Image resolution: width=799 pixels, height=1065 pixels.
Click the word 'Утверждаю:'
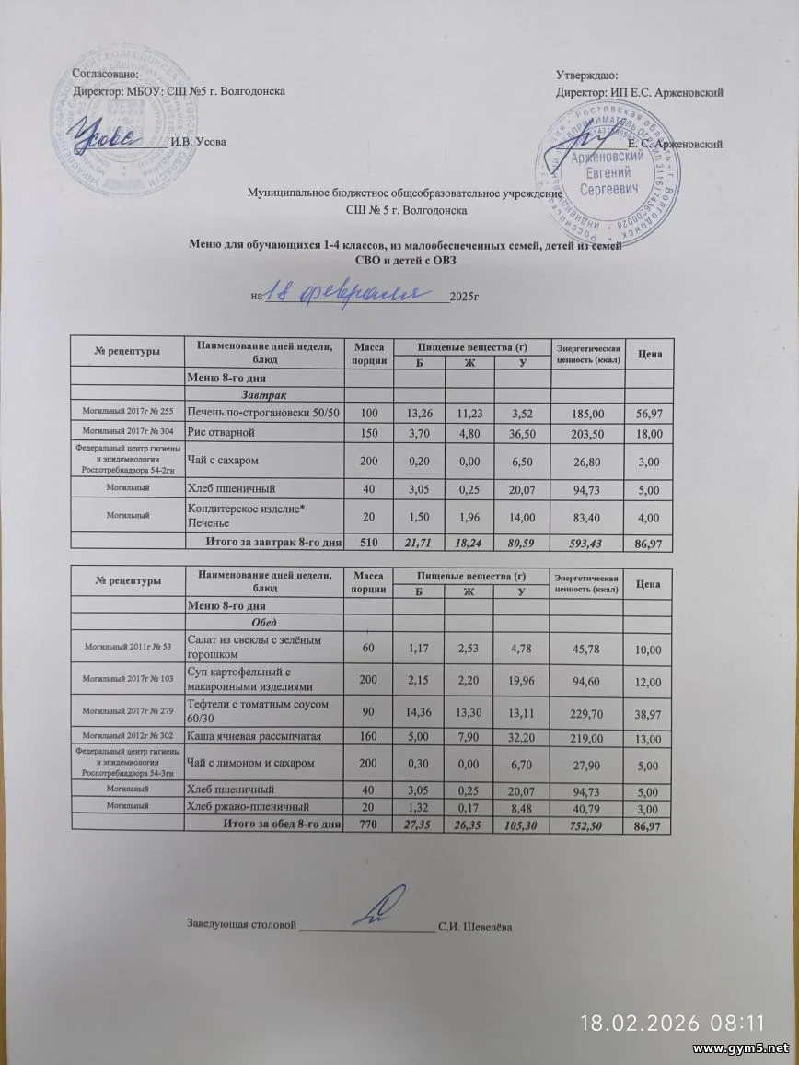(587, 75)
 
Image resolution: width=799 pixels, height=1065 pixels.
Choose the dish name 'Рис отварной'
(223, 431)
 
